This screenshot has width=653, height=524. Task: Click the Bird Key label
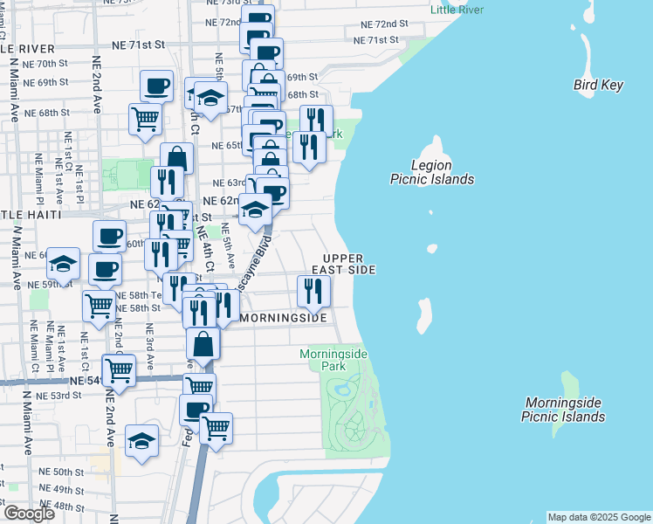tap(598, 85)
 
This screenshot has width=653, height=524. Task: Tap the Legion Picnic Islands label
tap(431, 172)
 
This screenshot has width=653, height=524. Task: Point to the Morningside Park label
tap(333, 360)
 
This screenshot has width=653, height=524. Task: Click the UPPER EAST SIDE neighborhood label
tap(349, 265)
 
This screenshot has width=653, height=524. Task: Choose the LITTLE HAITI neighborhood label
tap(31, 215)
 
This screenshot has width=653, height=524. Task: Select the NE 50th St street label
tap(61, 472)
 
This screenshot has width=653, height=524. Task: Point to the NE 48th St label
tap(61, 507)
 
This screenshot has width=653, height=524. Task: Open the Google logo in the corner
tap(28, 514)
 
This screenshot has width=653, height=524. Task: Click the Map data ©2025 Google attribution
tap(599, 517)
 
